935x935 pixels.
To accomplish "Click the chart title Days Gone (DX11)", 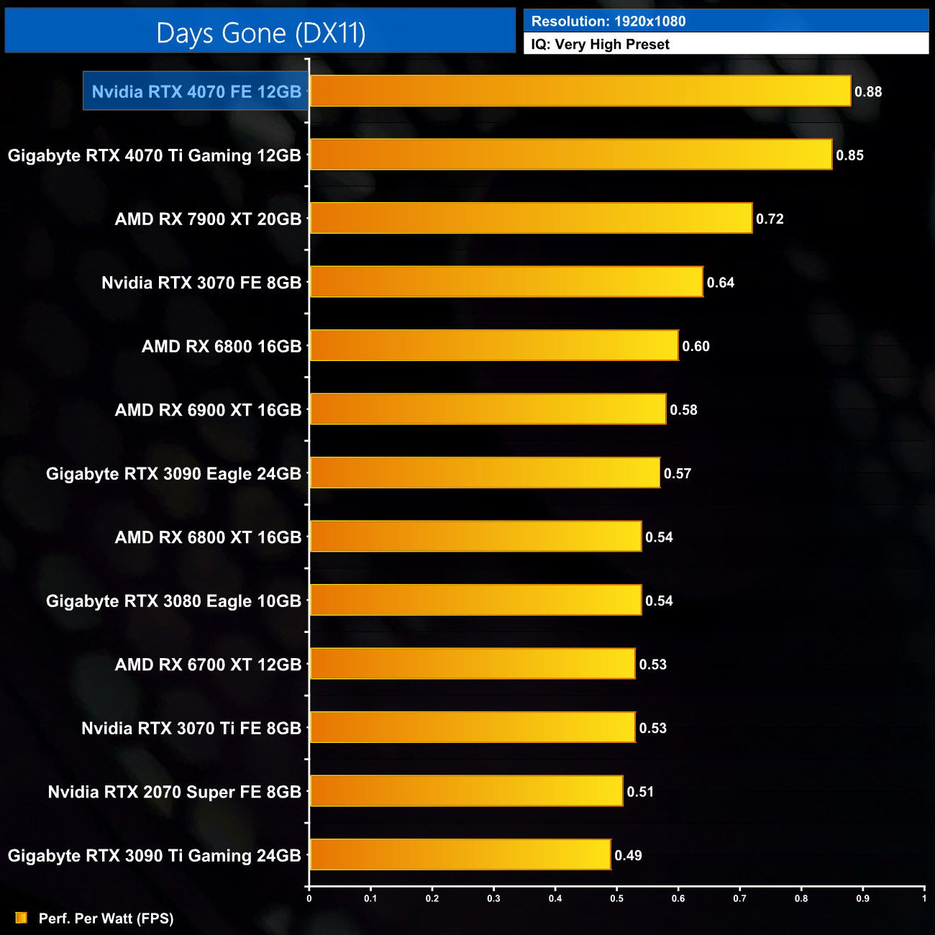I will (x=260, y=33).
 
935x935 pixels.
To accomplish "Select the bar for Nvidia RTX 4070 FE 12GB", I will (x=580, y=91).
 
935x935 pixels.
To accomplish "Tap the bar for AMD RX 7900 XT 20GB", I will (x=531, y=219).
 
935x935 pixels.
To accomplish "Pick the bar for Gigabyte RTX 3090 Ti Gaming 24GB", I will (x=460, y=855).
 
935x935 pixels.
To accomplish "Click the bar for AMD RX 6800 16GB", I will (x=493, y=346).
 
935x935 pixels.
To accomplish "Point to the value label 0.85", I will (x=849, y=155).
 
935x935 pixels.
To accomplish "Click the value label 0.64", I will (x=720, y=283).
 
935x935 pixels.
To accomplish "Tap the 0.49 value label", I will (x=628, y=855).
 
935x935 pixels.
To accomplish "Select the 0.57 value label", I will (x=677, y=473).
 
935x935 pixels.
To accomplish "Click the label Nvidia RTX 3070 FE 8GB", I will (x=201, y=283).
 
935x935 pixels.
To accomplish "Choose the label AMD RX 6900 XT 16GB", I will (x=208, y=410).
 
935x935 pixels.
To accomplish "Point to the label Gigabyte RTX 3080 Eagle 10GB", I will (x=173, y=601).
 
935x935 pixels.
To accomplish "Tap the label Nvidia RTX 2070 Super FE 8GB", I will (x=174, y=792).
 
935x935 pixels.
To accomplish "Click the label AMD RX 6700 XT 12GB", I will (x=208, y=665).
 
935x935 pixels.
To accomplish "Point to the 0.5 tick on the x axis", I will (x=617, y=898).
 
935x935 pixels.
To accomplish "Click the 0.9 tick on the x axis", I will (x=862, y=898).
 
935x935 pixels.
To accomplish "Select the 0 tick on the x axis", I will (x=309, y=898).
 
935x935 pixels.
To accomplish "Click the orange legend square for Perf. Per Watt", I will (x=22, y=918).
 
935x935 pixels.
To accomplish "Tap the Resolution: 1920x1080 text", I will (x=608, y=22).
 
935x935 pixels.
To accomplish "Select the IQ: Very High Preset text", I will (x=600, y=45).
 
